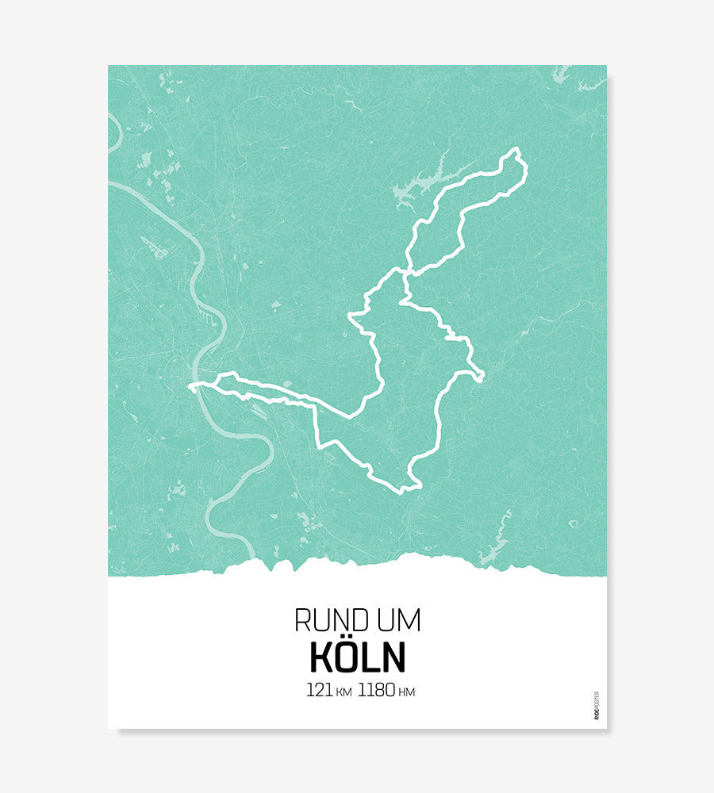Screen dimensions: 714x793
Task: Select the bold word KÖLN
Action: click(x=357, y=657)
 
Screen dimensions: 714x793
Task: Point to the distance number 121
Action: click(x=319, y=690)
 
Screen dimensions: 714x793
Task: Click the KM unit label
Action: click(x=344, y=692)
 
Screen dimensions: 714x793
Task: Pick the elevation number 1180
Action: click(x=376, y=690)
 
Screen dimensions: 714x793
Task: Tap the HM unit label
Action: click(x=406, y=692)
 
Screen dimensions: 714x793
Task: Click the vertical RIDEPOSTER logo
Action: click(x=597, y=705)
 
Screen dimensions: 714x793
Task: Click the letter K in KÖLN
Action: click(x=321, y=657)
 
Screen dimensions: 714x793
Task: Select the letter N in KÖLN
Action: click(x=393, y=657)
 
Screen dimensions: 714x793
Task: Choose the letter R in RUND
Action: click(x=302, y=620)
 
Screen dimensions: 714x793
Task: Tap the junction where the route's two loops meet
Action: click(x=405, y=274)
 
